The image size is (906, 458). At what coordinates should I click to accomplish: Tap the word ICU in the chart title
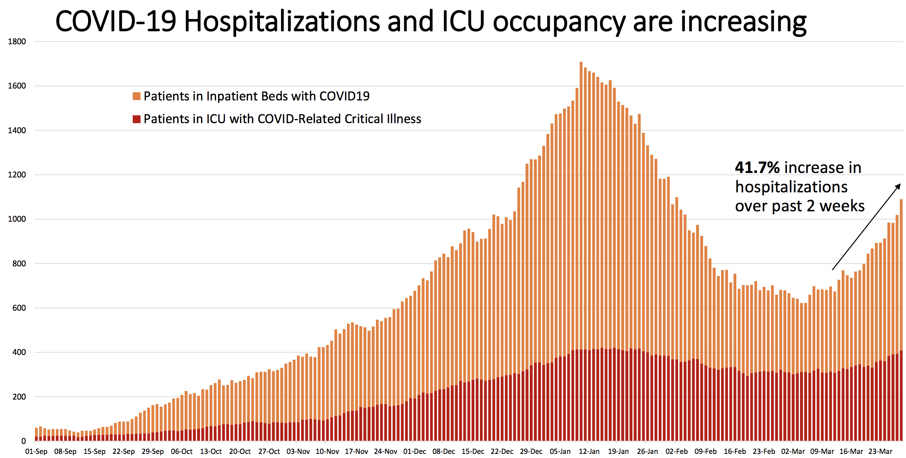[463, 22]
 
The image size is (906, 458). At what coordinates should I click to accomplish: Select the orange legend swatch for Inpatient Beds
[136, 96]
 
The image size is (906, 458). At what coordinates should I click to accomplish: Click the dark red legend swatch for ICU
[136, 119]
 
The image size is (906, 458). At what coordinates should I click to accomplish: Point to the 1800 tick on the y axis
[17, 42]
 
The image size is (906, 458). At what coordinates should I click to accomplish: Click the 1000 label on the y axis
[17, 219]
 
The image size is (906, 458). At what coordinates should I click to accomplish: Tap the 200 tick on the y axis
[19, 397]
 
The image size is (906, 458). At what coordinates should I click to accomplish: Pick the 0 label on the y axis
[23, 441]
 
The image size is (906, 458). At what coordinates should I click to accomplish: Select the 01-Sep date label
[36, 451]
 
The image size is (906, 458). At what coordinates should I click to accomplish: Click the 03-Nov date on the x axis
[298, 451]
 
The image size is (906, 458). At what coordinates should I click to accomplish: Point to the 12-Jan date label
[589, 451]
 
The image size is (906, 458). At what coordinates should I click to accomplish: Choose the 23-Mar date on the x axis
[880, 451]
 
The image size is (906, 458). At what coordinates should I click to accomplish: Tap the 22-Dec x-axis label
[502, 451]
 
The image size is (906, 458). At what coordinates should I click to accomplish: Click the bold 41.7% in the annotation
[757, 168]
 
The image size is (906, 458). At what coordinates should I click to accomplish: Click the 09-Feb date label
[706, 451]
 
